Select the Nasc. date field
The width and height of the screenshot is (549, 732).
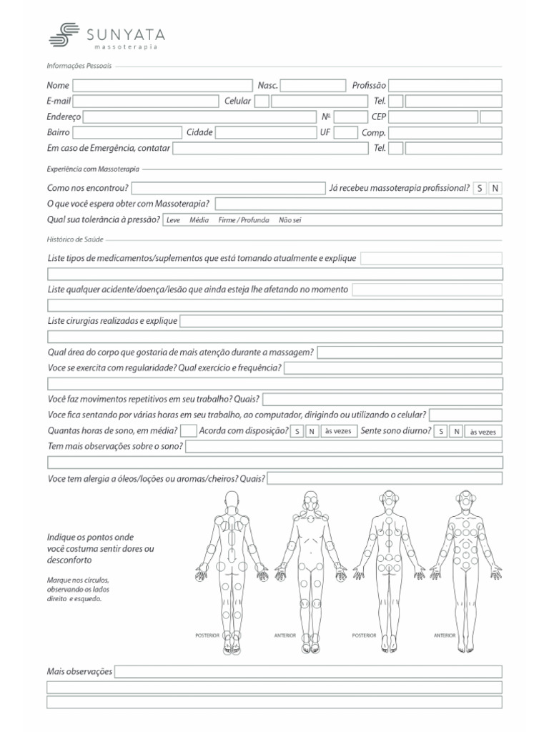pos(313,86)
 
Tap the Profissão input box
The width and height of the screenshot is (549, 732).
pos(445,86)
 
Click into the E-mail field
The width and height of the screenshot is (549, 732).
pos(145,102)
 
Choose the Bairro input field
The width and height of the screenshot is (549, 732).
pos(127,132)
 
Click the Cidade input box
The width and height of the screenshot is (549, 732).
pos(265,132)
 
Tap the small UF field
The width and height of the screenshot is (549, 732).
pos(346,132)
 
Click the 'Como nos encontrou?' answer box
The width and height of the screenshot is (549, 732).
pos(229,188)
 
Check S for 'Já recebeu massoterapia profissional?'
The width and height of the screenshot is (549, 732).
pos(480,188)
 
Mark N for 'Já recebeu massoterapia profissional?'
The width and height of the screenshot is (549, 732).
pos(495,188)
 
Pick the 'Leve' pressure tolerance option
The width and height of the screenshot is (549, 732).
pos(173,220)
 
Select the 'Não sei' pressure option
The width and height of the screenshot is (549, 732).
pos(290,220)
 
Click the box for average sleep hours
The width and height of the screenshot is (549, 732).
pos(189,431)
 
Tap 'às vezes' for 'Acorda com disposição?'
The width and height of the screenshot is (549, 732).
pos(337,431)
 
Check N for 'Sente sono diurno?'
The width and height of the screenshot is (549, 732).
pos(456,431)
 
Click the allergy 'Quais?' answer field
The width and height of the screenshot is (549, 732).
pos(385,478)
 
